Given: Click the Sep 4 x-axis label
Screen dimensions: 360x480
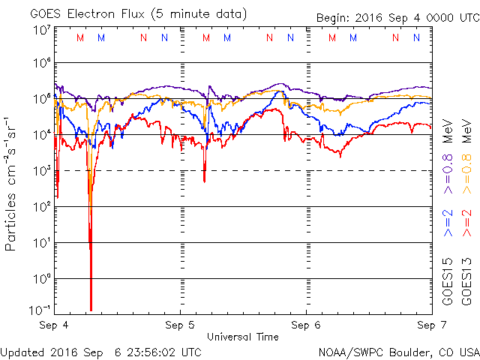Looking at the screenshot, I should (55, 325).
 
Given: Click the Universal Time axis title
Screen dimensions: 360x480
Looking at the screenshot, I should (242, 337).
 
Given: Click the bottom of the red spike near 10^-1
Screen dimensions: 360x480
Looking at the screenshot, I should (91, 309).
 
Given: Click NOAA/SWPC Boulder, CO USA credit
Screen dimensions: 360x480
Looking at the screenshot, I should (398, 351).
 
